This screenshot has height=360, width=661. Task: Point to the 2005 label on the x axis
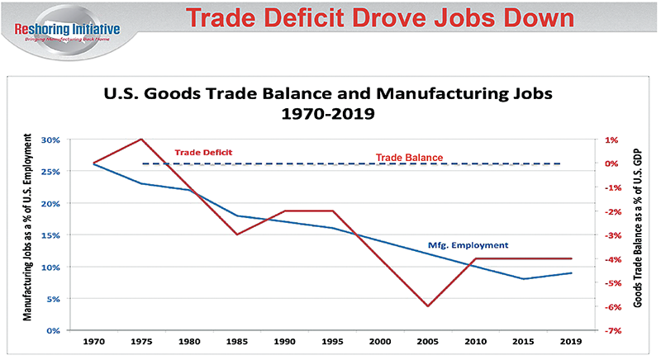pyautogui.click(x=426, y=341)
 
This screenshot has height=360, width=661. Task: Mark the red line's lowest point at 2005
pyautogui.click(x=427, y=306)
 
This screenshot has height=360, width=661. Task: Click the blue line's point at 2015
pyautogui.click(x=522, y=279)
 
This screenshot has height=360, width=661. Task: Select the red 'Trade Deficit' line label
pyautogui.click(x=203, y=152)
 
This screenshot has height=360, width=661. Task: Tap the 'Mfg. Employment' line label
pyautogui.click(x=468, y=245)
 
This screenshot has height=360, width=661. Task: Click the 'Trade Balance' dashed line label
pyautogui.click(x=410, y=157)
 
